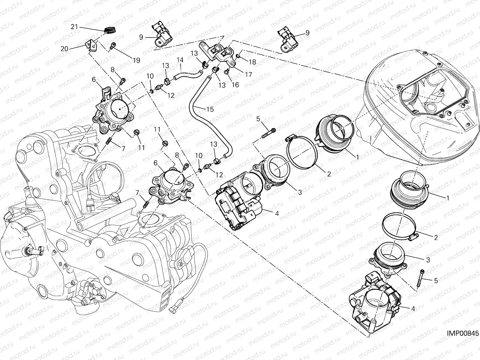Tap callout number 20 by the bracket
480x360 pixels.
(x=64, y=49)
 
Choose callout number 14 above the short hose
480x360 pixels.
(x=180, y=60)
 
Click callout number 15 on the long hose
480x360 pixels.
(x=210, y=109)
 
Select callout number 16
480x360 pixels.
(x=235, y=85)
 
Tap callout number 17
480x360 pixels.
(x=248, y=74)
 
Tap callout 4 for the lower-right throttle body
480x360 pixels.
(x=413, y=308)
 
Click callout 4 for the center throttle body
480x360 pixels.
(x=277, y=214)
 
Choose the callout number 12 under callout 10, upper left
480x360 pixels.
(x=171, y=95)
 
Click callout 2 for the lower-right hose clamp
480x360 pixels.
(x=436, y=238)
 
